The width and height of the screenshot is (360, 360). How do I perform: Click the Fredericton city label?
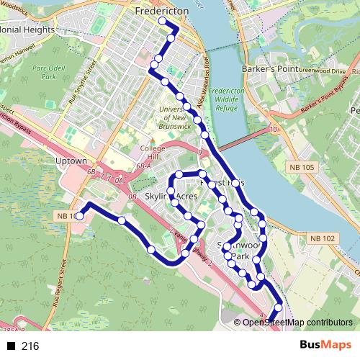(161, 12)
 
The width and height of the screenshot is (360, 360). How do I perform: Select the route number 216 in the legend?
(30, 346)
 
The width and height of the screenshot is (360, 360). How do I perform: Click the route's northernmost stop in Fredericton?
(162, 22)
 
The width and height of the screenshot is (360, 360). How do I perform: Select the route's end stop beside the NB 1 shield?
(80, 214)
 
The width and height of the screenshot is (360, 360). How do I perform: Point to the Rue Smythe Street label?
(82, 84)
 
